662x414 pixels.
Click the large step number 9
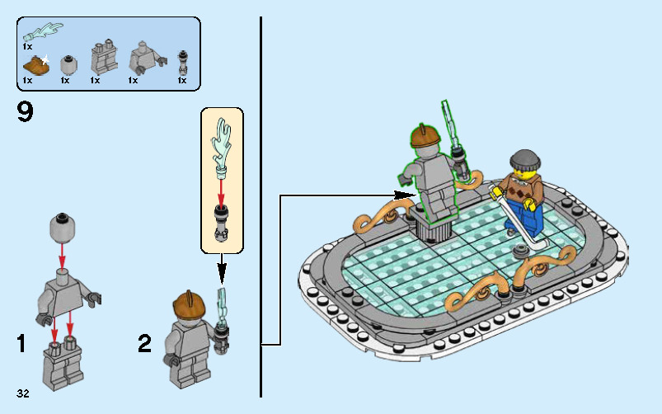point(25,111)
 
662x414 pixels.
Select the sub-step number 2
point(145,343)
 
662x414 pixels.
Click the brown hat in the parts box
point(35,65)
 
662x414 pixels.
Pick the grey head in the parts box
point(71,63)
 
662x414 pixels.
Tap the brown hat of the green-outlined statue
point(425,134)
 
